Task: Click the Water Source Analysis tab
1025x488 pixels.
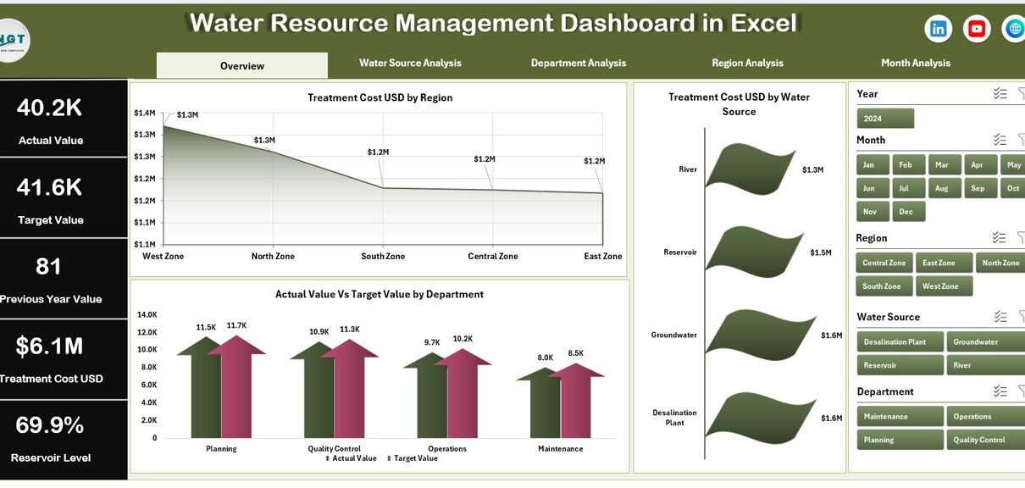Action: [x=410, y=63]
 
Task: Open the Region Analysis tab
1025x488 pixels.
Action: [x=747, y=63]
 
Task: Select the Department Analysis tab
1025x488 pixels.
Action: [x=579, y=63]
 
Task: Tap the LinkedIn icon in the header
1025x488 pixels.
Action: [x=938, y=29]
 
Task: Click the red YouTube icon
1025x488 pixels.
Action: [x=977, y=29]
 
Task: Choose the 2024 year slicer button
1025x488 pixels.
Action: [x=884, y=118]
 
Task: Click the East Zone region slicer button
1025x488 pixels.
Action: [x=939, y=263]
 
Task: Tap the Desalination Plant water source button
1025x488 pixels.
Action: [x=899, y=341]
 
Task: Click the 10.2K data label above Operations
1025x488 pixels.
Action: [x=463, y=339]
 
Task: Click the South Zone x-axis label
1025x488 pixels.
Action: [x=383, y=256]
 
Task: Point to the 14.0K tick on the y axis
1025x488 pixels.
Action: [x=147, y=314]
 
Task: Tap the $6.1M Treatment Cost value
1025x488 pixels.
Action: [x=49, y=346]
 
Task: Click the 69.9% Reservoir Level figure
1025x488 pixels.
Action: [x=50, y=425]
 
